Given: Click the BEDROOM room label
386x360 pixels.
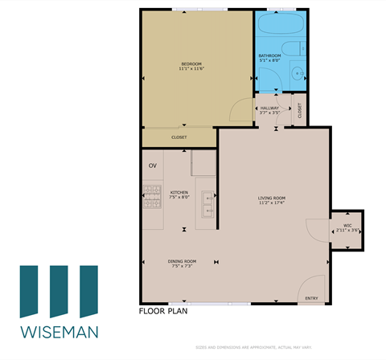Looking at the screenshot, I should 191,63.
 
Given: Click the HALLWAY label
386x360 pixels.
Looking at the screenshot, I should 269,108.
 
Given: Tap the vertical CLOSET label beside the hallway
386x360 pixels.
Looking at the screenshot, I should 300,112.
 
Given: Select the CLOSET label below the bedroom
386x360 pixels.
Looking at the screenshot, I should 179,137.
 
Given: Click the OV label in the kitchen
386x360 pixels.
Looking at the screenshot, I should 153,166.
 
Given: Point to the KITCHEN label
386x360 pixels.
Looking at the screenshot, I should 179,192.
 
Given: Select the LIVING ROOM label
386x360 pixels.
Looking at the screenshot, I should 272,198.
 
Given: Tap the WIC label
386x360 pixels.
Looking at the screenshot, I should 347,226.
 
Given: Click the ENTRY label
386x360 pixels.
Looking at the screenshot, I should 312,299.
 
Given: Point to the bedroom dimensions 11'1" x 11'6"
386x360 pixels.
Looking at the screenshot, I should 191,69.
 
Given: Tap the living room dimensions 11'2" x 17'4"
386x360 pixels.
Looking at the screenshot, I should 272,203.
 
